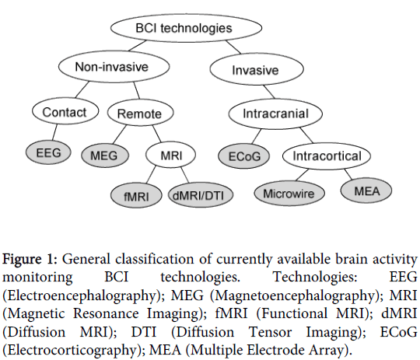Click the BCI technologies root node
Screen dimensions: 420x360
[186, 28]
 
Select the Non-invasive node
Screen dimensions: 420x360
[114, 66]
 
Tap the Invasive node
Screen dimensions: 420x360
[257, 69]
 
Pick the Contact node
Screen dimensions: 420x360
[65, 111]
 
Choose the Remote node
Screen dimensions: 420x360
[140, 113]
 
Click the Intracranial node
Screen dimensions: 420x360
[275, 114]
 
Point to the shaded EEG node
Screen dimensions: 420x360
[48, 152]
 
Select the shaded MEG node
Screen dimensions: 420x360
[105, 156]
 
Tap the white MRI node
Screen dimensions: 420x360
[170, 155]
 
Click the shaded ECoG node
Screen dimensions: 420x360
[243, 156]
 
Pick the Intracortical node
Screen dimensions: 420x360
[327, 156]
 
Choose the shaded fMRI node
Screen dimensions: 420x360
[136, 195]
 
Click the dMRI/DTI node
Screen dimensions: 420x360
[201, 195]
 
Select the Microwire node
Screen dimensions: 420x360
[289, 193]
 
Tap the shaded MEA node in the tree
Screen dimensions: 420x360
[366, 190]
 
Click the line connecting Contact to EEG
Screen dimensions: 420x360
[54, 132]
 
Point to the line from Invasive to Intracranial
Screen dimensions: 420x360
[269, 92]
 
